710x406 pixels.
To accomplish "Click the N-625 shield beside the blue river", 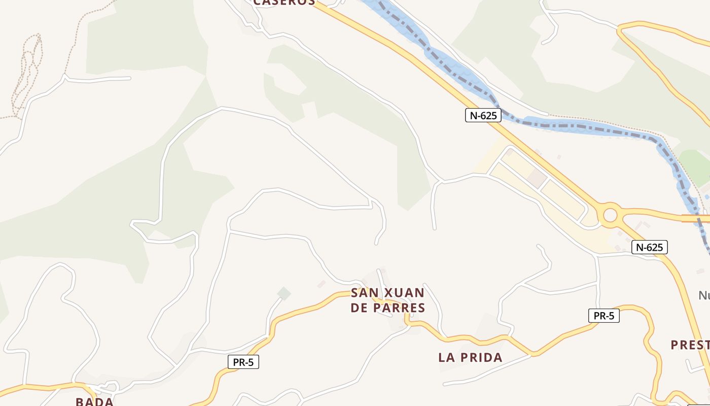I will pos(483,115).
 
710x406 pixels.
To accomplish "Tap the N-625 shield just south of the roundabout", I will pos(649,247).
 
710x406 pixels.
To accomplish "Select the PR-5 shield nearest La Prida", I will pos(603,316).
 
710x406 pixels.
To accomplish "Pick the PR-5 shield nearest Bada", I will pos(243,362).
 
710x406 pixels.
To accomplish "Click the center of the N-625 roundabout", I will pos(610,215).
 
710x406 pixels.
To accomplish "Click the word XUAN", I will pos(405,293).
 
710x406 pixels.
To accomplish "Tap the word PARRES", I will pos(402,308).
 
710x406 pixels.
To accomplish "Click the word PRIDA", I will pos(481,357).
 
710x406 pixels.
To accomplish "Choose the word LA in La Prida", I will pos(446,357).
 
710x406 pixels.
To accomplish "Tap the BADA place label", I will pos(94,401).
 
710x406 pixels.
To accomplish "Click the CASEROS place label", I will pos(284,2).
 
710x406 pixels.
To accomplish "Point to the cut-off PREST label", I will pos(690,345).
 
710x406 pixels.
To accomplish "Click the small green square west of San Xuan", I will pos(284,293).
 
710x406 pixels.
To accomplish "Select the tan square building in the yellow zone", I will pos(536,178).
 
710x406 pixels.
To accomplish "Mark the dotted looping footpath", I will pos(28,71).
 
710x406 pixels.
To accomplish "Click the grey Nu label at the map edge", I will pos(704,295).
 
